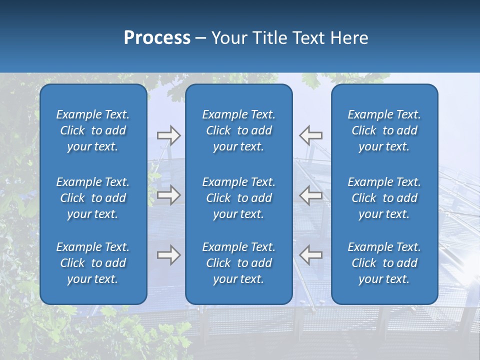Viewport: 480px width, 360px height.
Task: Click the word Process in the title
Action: click(157, 38)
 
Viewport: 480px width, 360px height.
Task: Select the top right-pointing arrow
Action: click(168, 135)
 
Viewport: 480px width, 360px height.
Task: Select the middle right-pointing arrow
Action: click(168, 195)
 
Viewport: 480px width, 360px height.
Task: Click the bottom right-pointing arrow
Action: click(168, 255)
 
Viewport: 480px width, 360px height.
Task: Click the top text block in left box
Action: click(93, 130)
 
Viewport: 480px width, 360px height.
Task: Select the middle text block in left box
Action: click(93, 198)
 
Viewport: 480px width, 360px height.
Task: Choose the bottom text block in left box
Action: click(93, 263)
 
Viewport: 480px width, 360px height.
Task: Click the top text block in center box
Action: click(239, 130)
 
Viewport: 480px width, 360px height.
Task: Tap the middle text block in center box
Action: click(239, 198)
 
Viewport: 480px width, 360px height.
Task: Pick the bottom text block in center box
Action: click(239, 263)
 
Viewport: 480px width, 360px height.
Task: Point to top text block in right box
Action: click(384, 130)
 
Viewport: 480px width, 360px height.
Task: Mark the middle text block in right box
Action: click(384, 198)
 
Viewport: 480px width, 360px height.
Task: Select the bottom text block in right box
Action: click(384, 263)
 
